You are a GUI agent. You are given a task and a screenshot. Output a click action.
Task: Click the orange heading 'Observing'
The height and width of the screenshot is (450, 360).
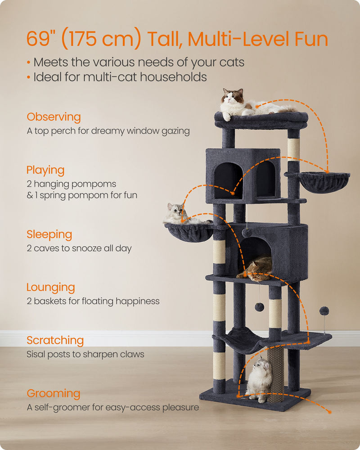coord(54,117)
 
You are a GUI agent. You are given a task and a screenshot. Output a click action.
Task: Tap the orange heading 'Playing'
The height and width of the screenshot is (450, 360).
coord(45,170)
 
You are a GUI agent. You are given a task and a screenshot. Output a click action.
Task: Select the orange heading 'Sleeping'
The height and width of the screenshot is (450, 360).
coord(49,234)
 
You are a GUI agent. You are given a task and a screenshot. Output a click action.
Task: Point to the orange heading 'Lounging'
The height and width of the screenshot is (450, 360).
coord(50,287)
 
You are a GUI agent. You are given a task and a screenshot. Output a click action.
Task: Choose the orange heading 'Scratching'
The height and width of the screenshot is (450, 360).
coord(55,340)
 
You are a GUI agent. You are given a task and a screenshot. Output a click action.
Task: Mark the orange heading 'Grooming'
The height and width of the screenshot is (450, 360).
coord(53,393)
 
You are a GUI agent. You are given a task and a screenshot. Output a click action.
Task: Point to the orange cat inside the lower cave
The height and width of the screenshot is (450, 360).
coord(256,269)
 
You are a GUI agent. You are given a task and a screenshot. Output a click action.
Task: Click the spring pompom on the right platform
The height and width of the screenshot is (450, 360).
coord(324,311)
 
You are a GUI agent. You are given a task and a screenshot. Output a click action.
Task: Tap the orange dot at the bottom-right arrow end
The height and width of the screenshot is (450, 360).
coord(329,412)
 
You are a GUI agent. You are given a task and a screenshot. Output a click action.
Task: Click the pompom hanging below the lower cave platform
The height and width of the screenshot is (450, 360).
coord(259,306)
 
